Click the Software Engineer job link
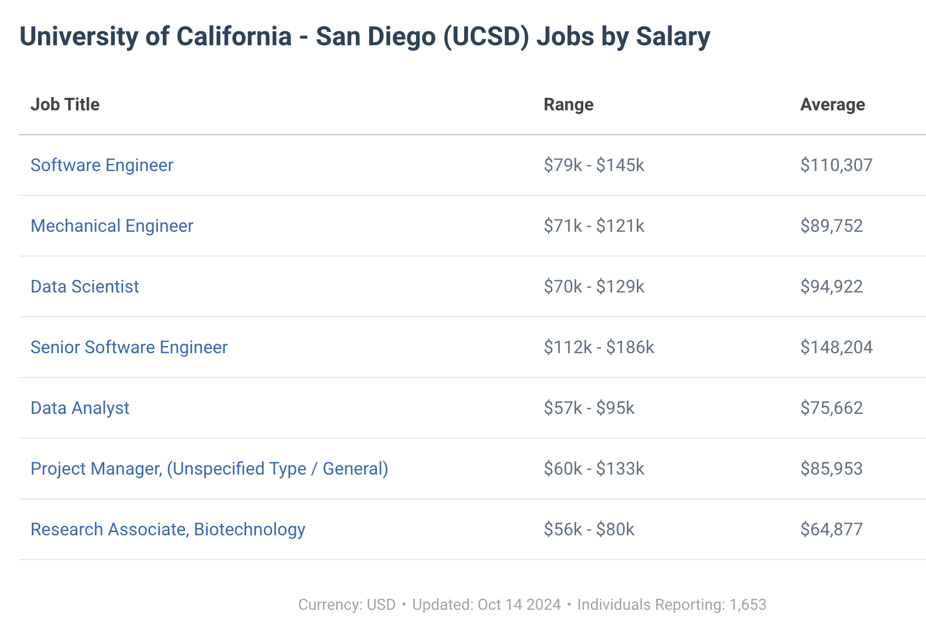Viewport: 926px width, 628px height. [102, 165]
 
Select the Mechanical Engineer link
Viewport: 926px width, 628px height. [112, 226]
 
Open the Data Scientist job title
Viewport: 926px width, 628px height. [85, 286]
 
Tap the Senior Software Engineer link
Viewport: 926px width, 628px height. [129, 347]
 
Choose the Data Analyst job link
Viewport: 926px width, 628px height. [80, 408]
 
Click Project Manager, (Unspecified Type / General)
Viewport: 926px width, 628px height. [209, 469]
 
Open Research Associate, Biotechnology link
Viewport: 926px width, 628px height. [168, 529]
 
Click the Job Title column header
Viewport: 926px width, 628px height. [65, 104]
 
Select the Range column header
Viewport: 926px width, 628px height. [568, 104]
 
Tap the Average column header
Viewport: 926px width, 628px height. [832, 104]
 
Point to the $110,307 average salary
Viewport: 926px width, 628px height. [836, 165]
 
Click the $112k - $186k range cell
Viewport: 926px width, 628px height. [599, 347]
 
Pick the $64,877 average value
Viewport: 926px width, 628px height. [831, 529]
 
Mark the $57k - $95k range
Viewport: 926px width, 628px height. [589, 408]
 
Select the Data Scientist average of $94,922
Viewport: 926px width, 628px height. [831, 286]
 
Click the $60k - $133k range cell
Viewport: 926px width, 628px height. [594, 469]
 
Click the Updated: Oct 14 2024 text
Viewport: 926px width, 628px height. [486, 605]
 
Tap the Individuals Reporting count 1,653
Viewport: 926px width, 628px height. [748, 605]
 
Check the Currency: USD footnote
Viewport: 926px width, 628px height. [347, 605]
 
